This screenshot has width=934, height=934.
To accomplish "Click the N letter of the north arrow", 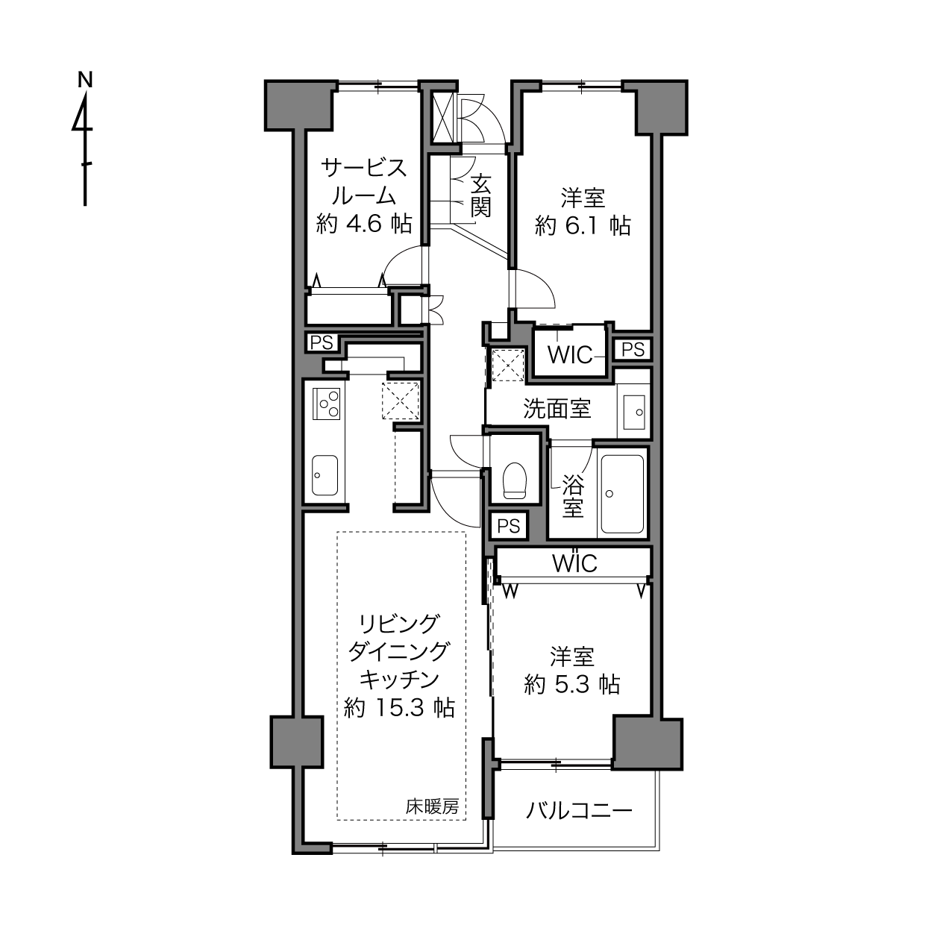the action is [85, 80].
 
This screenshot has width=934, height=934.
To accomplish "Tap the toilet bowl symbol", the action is [514, 480].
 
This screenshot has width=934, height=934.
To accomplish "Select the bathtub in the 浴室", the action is [622, 493].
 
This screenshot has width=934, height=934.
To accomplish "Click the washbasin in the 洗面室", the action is [634, 412].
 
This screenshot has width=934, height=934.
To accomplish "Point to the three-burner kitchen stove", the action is [326, 404].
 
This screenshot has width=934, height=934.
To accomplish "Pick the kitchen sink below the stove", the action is [325, 475].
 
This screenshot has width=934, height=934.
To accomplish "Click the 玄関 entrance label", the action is [481, 195].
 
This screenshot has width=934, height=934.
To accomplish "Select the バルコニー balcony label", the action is [579, 810].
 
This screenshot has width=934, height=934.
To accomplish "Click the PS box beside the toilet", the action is [509, 527].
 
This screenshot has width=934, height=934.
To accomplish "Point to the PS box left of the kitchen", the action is [322, 342].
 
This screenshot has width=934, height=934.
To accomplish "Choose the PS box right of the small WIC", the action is [633, 349].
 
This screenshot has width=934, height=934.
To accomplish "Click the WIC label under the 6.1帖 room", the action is [570, 355].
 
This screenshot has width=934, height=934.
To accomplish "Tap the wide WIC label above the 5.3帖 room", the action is [574, 563].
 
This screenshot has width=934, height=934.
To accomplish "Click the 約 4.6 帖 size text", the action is [364, 224].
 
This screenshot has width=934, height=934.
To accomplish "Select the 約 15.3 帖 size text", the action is [399, 708].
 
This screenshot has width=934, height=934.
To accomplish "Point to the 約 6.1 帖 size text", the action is [583, 226].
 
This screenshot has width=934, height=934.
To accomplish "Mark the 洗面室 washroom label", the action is [557, 409].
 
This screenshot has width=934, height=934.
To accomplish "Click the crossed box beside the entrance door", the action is [442, 117].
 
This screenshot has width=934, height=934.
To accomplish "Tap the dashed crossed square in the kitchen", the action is [401, 401].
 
